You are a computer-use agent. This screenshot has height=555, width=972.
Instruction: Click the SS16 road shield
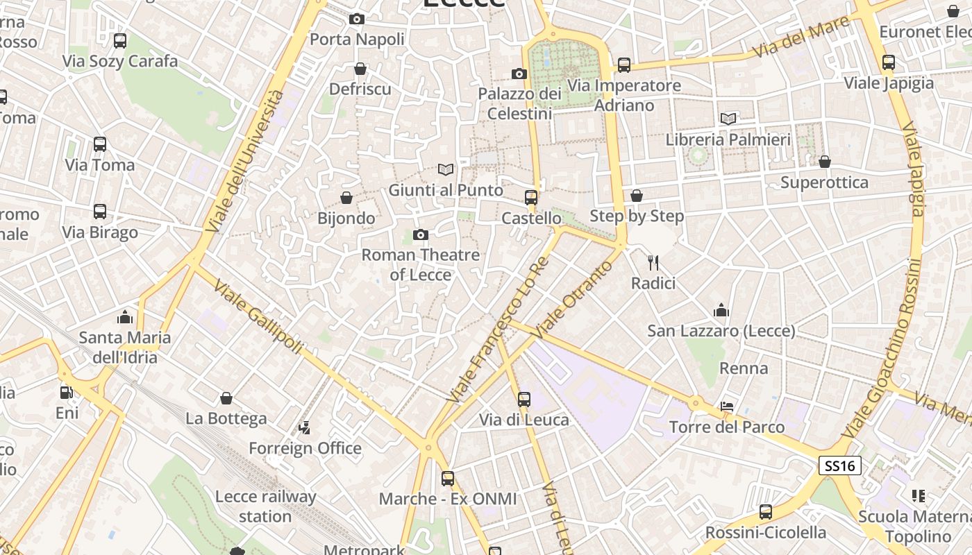[840, 466]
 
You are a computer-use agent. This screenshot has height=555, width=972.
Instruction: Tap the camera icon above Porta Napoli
[357, 19]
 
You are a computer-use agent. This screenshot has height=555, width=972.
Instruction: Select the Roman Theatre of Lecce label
[421, 265]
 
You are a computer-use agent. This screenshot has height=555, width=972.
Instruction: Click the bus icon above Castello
[531, 197]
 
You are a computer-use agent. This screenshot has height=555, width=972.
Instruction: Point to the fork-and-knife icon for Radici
[653, 262]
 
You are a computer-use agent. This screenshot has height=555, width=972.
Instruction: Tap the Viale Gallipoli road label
[258, 316]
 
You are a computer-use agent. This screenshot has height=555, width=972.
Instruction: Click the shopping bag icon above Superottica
[825, 162]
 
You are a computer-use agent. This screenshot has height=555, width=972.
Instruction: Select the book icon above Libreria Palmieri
[728, 119]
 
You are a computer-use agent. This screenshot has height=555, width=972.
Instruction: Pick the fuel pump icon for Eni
[67, 392]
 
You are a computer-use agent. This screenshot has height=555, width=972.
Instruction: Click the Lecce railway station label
[265, 506]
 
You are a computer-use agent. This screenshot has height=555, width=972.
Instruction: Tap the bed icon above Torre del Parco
[727, 406]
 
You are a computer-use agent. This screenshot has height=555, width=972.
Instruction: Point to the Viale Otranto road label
[571, 300]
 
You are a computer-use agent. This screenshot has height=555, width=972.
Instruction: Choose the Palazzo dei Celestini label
[519, 103]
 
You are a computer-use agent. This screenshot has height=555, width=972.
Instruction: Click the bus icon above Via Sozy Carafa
[120, 40]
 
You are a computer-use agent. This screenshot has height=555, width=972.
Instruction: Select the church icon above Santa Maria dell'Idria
[125, 317]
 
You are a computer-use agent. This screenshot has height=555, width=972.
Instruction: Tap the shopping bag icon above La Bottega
[226, 398]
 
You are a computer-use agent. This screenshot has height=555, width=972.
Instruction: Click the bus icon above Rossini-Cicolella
[766, 512]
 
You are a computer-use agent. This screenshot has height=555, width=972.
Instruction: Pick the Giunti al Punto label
[446, 190]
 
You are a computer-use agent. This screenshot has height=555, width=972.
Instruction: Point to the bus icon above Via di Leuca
[524, 399]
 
